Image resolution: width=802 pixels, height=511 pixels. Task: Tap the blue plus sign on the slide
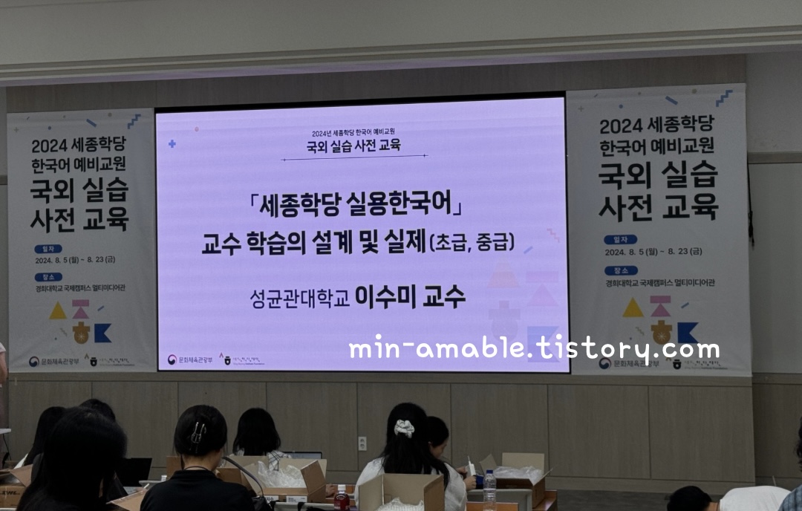point(172,143)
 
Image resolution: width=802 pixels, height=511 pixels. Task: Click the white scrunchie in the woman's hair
point(404,428)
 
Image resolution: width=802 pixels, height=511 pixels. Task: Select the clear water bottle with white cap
point(489,489)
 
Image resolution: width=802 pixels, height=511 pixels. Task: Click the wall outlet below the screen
point(362,443)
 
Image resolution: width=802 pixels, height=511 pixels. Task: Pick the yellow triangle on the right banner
point(633,307)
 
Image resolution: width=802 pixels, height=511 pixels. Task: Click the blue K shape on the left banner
point(102,333)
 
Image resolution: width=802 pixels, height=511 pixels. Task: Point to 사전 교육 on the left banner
point(79,219)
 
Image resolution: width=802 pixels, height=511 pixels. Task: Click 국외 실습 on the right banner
point(659,176)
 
